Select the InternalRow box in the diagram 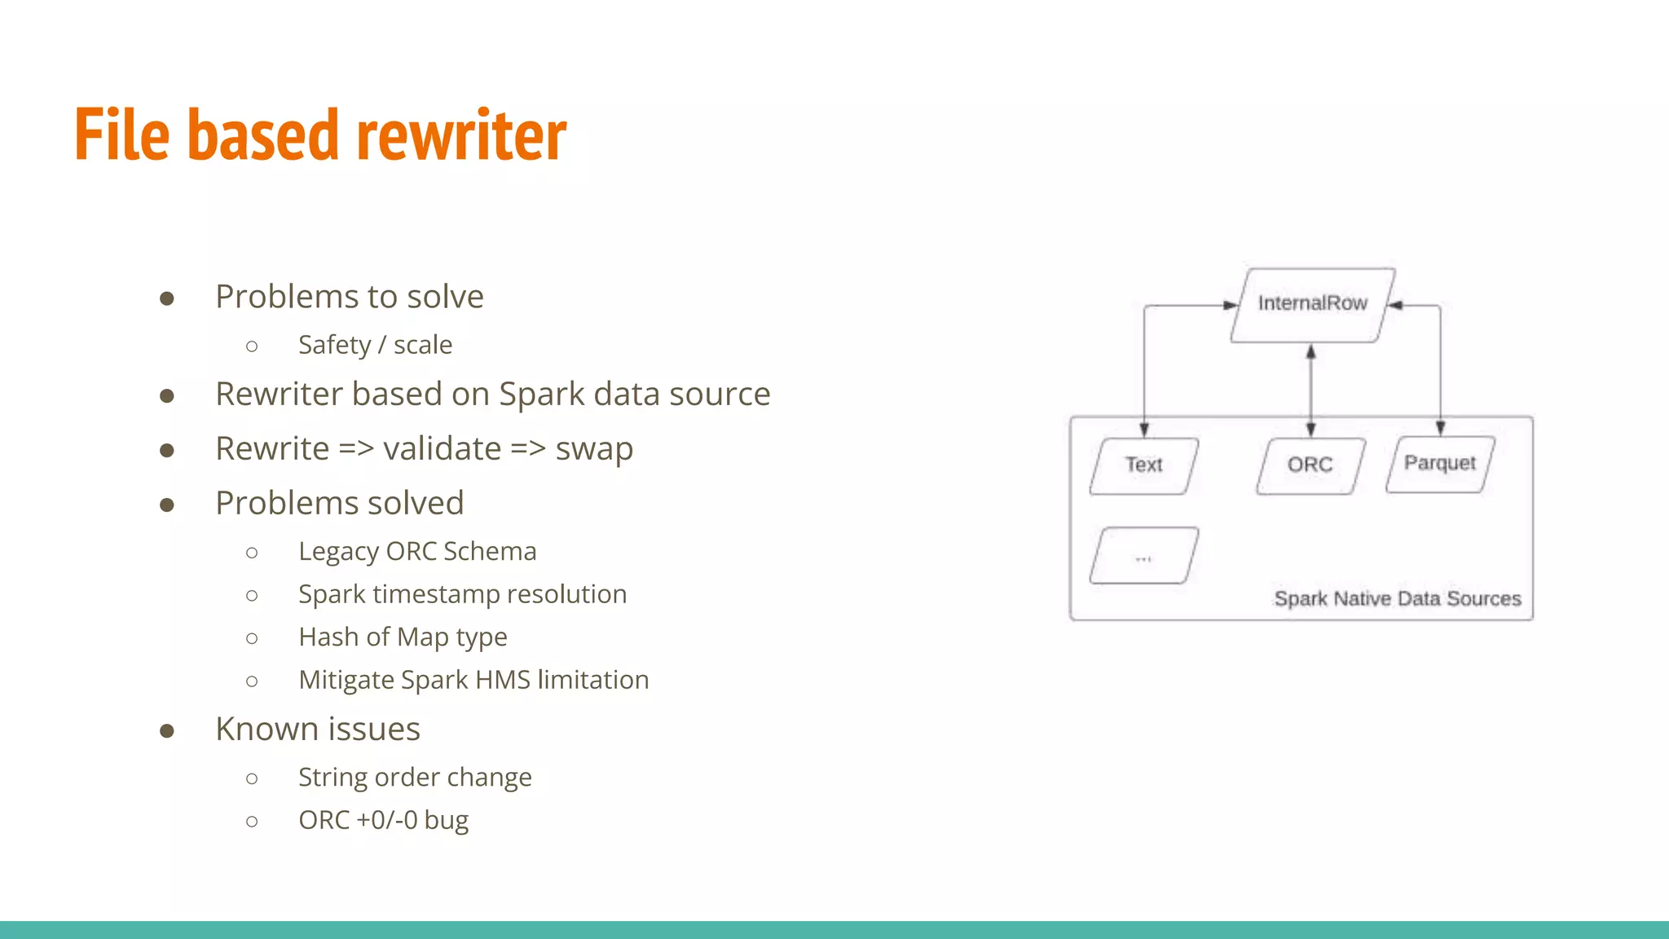pyautogui.click(x=1312, y=304)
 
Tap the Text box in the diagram pyautogui.click(x=1143, y=465)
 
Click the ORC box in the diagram pyautogui.click(x=1310, y=465)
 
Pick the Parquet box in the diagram pyautogui.click(x=1439, y=464)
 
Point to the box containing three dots pyautogui.click(x=1143, y=557)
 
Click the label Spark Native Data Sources pyautogui.click(x=1397, y=599)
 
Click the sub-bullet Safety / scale pyautogui.click(x=375, y=345)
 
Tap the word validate pyautogui.click(x=442, y=449)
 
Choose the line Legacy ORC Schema pyautogui.click(x=417, y=552)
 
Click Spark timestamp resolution pyautogui.click(x=462, y=594)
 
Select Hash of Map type pyautogui.click(x=403, y=637)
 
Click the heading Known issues pyautogui.click(x=318, y=729)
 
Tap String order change pyautogui.click(x=415, y=778)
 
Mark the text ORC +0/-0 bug pyautogui.click(x=383, y=820)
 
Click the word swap pyautogui.click(x=594, y=449)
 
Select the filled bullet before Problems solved pyautogui.click(x=167, y=505)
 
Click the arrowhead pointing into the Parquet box pyautogui.click(x=1440, y=429)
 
